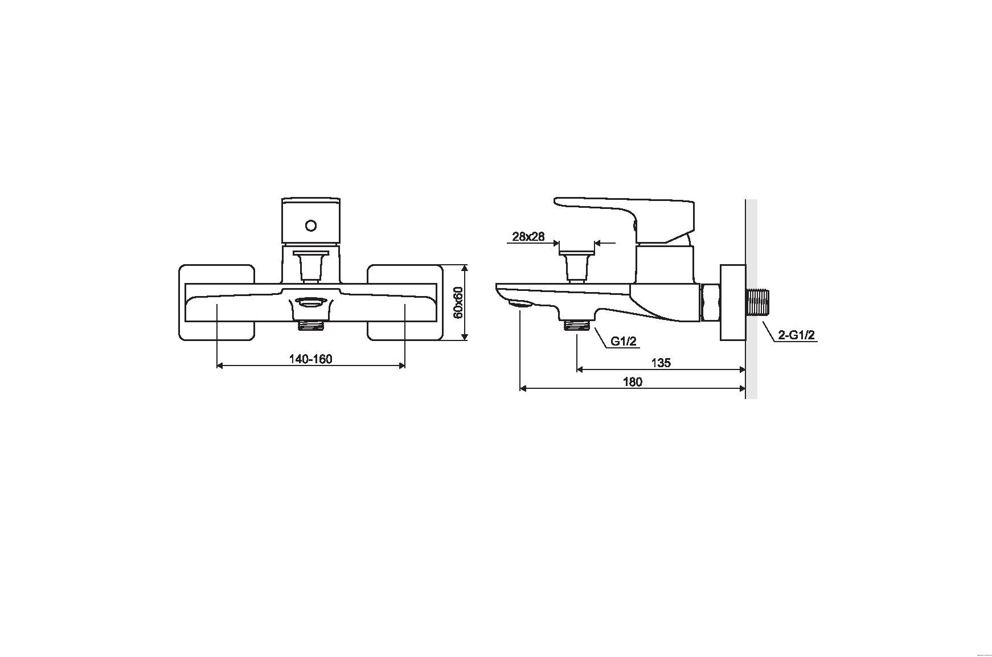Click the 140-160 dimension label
pos(310,359)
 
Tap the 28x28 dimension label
pos(528,236)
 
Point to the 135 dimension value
pos(661,363)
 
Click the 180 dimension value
pos(632,381)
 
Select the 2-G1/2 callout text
pos(797,335)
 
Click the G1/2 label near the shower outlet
pos(624,341)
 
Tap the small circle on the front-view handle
pos(310,226)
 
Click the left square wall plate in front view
pos(216,302)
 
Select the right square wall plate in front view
pos(405,302)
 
